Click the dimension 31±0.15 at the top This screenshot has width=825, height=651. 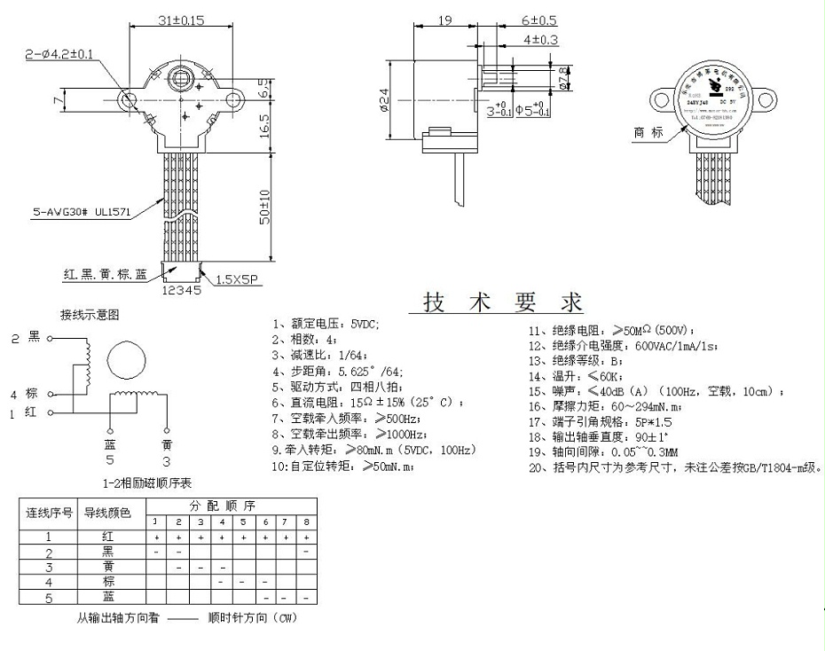181,19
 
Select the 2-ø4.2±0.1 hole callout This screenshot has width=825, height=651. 59,55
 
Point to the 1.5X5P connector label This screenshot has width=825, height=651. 235,276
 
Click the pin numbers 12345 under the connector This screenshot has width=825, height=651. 183,290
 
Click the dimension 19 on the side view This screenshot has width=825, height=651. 445,19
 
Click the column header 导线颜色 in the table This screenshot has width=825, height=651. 106,513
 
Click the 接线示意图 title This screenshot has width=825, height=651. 90,314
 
